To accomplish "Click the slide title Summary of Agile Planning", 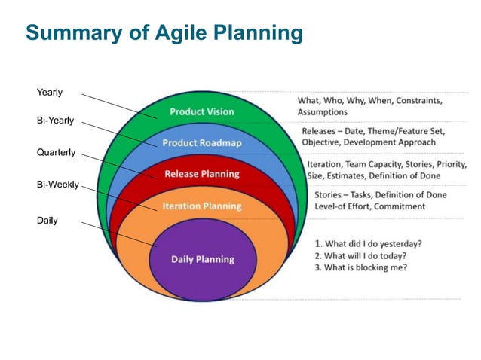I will click(164, 33).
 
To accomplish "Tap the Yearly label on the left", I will click(50, 93).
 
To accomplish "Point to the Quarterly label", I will click(56, 152).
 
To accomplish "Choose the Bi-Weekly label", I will click(57, 184).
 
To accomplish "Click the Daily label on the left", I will click(47, 221).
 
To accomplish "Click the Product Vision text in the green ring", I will click(201, 111).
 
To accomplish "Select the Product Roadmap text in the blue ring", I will click(201, 142).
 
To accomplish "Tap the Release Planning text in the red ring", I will click(201, 174).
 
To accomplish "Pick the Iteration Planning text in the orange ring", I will click(201, 206).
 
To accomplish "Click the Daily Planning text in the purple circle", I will click(202, 259).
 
